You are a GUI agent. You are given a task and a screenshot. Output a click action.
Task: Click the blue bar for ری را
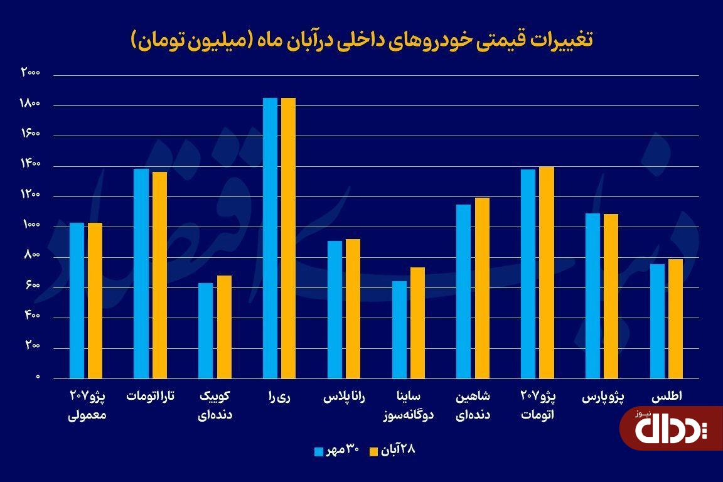(270, 238)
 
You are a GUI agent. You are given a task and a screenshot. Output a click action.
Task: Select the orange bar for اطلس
(675, 319)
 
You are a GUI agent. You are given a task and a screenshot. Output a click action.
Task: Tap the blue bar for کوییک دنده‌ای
(206, 331)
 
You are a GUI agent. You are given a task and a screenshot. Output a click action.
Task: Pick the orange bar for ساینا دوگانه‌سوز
(417, 323)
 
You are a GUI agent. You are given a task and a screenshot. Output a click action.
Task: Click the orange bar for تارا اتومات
(159, 276)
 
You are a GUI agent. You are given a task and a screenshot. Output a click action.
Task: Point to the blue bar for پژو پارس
(592, 296)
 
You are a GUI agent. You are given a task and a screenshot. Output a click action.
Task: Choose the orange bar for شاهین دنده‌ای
(482, 288)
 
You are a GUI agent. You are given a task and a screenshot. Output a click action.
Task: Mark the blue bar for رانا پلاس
(335, 309)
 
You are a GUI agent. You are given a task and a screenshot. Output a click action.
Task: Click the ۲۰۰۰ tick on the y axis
(30, 73)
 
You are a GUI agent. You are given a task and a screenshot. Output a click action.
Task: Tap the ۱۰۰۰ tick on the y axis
(30, 226)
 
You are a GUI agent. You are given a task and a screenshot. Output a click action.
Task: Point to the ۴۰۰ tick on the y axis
(31, 317)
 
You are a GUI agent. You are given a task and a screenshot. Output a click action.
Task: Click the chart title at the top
(361, 40)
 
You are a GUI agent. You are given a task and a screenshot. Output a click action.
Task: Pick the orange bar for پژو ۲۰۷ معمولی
(95, 301)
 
